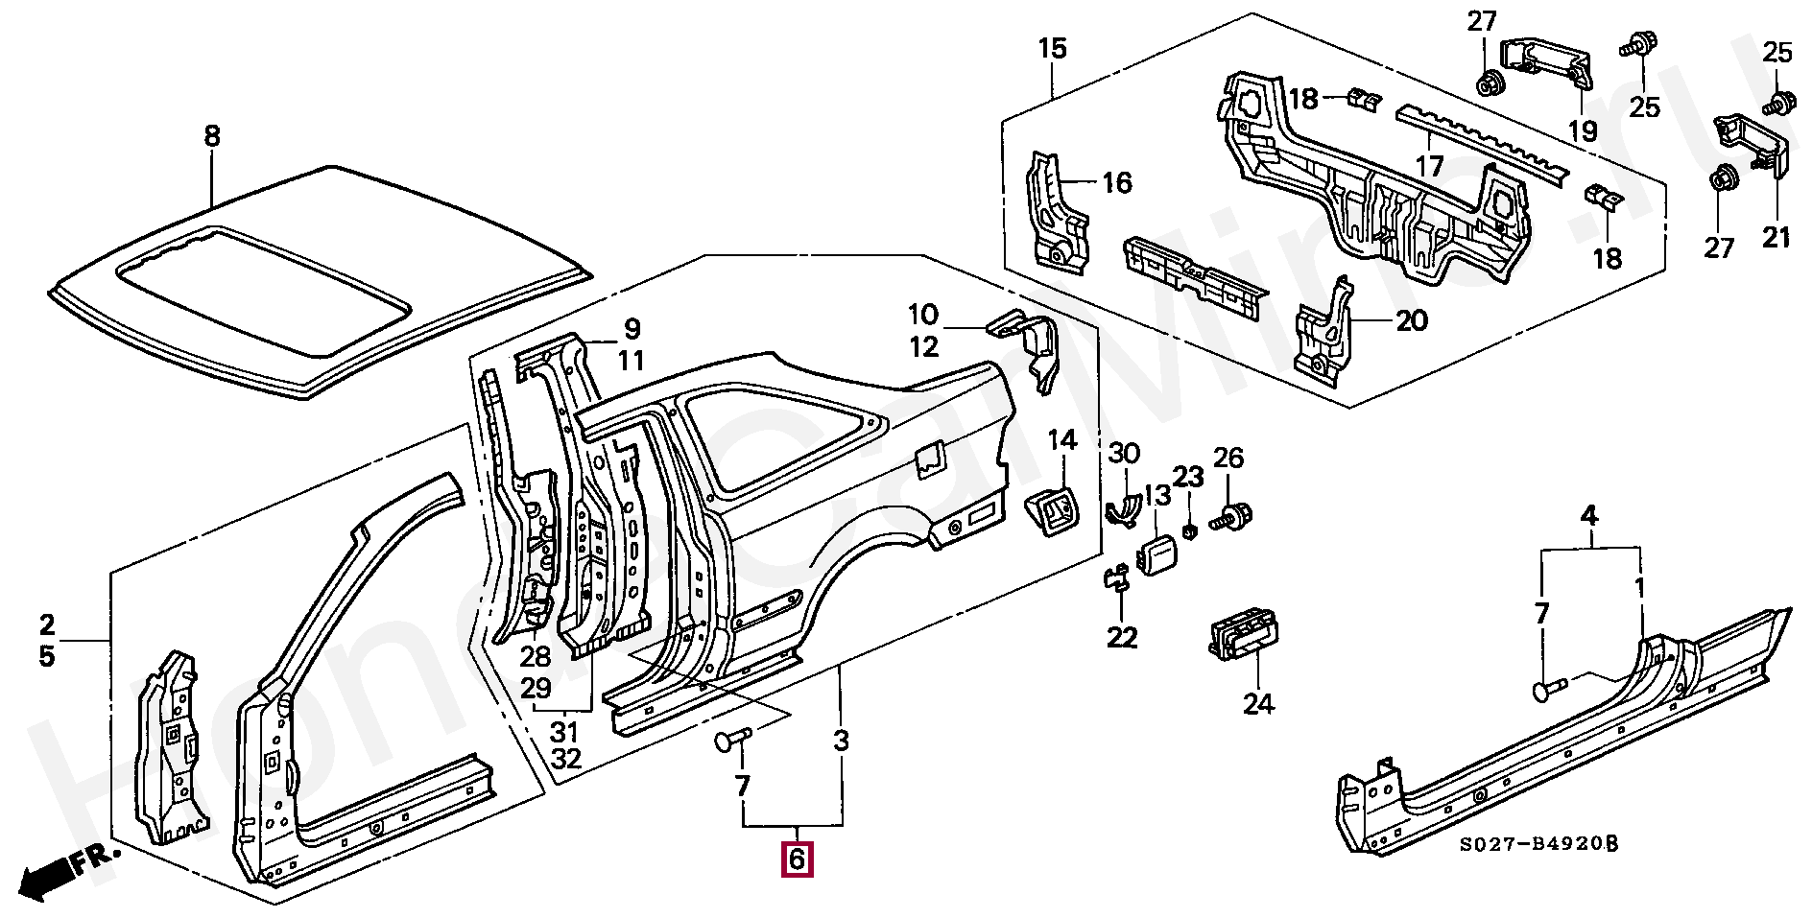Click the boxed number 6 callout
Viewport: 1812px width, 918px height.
(797, 859)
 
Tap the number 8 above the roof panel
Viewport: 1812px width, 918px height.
(212, 136)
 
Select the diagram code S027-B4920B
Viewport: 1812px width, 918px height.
(1538, 844)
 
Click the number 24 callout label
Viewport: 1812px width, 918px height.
(1258, 704)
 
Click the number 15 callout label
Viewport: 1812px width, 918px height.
(1053, 48)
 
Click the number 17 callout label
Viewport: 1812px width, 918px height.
(1429, 166)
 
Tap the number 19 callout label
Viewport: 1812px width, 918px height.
(1583, 129)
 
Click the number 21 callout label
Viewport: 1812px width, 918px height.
(1776, 236)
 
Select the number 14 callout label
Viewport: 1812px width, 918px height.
(1061, 440)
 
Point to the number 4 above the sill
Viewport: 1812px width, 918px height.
(1589, 516)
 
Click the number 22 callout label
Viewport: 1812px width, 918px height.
(1122, 637)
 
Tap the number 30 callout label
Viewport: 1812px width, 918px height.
(1124, 454)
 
